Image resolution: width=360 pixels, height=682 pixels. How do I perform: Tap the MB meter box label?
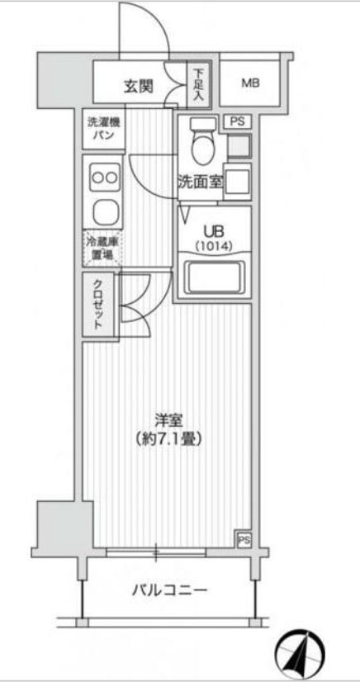pos(249,83)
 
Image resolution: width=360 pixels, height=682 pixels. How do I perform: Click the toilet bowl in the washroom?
pos(201,146)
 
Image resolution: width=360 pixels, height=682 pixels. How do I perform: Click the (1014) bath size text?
pos(214,246)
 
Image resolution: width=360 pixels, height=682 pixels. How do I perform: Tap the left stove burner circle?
pos(97,176)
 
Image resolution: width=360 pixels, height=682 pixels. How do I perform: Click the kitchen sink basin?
pos(105,213)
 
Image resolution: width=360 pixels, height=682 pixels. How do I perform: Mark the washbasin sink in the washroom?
pos(238,180)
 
